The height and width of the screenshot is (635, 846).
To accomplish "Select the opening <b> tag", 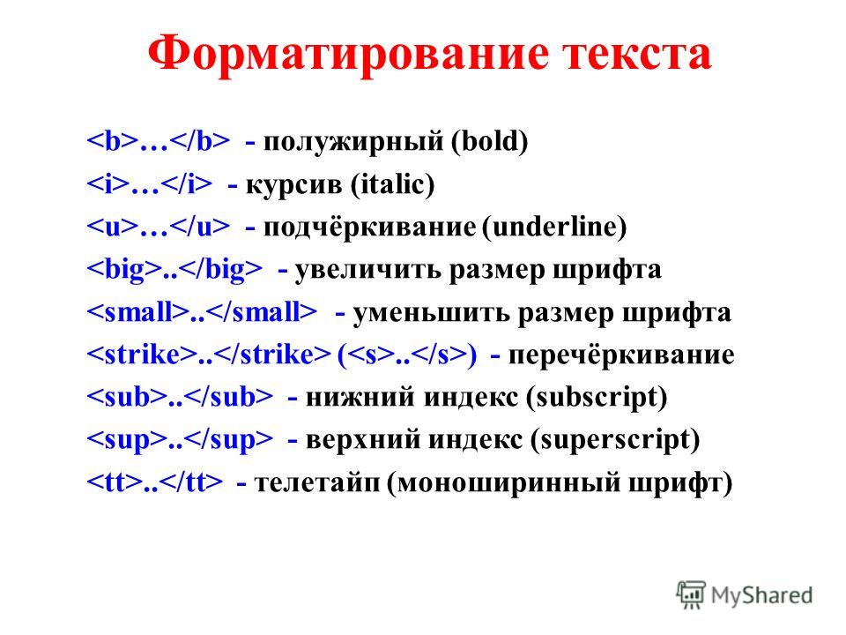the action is [x=113, y=141].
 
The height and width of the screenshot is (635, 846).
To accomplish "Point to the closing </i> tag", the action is [x=187, y=184].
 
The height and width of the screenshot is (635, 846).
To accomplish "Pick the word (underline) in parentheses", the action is [x=554, y=227].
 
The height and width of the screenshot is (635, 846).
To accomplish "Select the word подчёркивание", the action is [x=369, y=228].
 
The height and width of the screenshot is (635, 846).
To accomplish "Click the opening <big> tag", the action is [x=124, y=270].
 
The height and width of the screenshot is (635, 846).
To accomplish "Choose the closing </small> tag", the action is [x=262, y=312].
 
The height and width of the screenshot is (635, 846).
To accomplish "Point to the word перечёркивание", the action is [x=621, y=355].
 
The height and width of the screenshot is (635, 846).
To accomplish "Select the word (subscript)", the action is [x=597, y=398].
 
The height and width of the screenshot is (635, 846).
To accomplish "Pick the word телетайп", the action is [x=317, y=482].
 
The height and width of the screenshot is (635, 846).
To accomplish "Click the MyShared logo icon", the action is [x=691, y=595].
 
